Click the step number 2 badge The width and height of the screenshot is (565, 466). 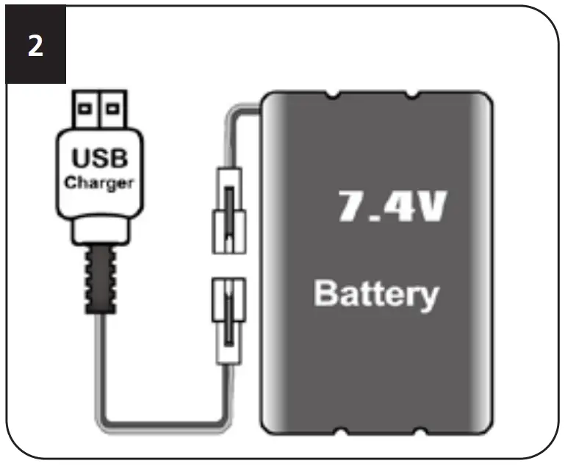[35, 46]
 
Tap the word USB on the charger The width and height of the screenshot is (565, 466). [98, 159]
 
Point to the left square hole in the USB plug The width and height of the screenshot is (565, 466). [86, 109]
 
